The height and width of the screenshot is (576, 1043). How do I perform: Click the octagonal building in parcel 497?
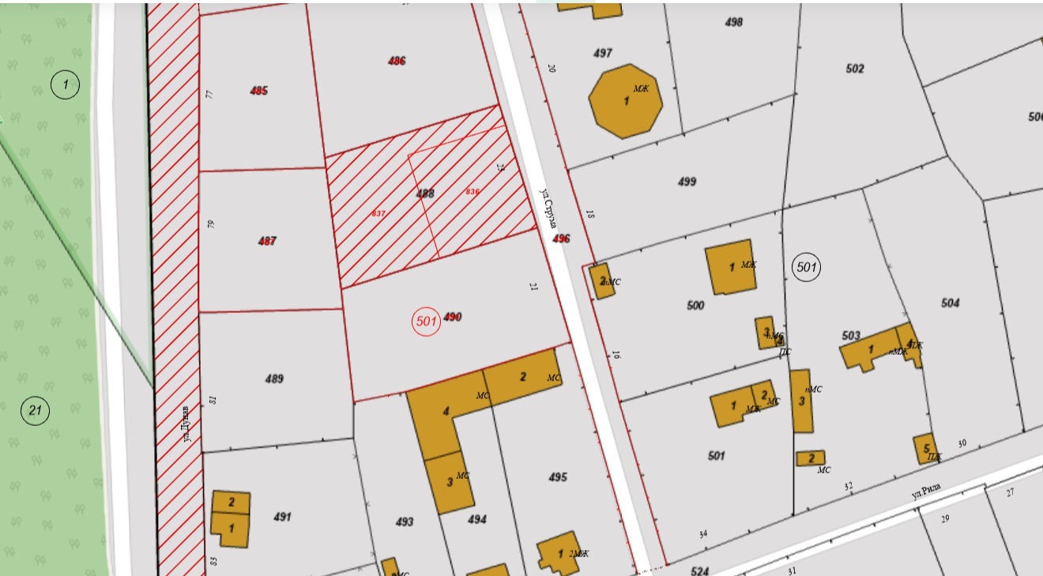click(626, 101)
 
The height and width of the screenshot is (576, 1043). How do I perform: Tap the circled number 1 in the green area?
click(66, 84)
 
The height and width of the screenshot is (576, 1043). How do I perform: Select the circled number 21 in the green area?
click(35, 410)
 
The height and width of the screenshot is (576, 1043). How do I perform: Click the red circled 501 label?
click(427, 321)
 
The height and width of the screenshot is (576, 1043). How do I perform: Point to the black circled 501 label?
click(806, 268)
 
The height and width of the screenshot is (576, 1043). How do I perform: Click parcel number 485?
click(258, 91)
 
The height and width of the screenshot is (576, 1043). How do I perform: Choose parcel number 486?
click(397, 61)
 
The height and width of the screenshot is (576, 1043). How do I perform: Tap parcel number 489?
click(274, 379)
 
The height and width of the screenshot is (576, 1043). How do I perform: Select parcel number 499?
click(687, 182)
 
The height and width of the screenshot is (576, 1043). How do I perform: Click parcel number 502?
click(855, 69)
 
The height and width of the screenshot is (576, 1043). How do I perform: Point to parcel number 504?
click(951, 303)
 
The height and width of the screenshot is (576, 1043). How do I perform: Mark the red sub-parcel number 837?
click(378, 213)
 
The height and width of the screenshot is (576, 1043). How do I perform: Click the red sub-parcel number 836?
click(473, 192)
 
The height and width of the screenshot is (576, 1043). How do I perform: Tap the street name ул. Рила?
click(928, 491)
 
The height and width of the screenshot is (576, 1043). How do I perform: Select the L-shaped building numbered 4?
click(444, 415)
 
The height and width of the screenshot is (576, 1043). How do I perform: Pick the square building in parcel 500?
click(730, 267)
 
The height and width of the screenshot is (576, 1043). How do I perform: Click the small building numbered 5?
click(925, 448)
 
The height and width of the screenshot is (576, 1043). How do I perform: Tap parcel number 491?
click(282, 518)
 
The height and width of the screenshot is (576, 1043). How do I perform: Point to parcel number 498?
click(734, 22)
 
